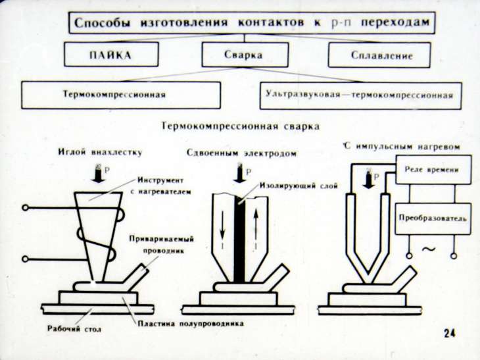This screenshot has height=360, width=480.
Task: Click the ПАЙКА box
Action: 110,55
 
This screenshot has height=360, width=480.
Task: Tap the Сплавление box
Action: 379,55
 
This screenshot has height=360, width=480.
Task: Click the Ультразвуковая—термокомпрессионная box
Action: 360,95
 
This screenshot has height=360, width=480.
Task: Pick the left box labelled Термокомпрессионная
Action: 121,95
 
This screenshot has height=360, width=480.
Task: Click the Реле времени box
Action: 433,170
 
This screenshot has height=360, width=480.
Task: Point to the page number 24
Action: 450,333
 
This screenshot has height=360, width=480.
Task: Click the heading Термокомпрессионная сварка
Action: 240,125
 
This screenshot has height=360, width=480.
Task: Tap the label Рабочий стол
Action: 69,328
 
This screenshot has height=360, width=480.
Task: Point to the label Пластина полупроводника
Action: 191,324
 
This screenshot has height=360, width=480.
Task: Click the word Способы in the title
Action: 105,24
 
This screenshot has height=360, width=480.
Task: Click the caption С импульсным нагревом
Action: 403,147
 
